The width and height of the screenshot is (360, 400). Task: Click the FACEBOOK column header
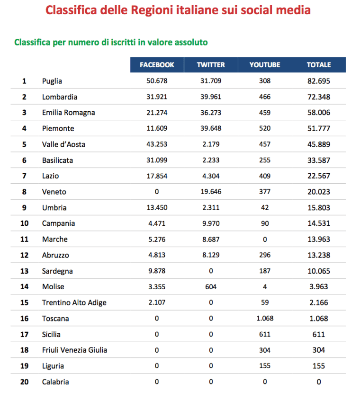157,65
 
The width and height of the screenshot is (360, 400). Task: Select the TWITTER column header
211,65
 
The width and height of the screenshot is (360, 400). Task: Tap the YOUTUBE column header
265,65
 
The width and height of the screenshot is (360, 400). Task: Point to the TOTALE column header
319,65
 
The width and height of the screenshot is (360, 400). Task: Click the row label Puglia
52,81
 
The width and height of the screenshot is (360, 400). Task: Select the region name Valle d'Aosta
63,144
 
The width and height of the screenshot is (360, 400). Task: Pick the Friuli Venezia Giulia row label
74,350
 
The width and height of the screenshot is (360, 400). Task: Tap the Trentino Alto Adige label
74,302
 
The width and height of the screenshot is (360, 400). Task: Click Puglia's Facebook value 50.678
157,81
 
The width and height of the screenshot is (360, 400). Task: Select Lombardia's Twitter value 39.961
211,97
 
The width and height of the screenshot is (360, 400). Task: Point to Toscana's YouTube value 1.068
265,319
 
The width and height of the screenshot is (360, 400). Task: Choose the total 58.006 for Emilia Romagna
319,113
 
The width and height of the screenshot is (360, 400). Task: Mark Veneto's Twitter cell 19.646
211,192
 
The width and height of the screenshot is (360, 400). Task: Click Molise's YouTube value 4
265,287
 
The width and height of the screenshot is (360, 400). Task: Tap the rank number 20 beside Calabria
24,382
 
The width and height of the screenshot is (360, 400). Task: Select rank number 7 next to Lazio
24,176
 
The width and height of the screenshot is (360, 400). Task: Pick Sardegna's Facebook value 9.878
157,271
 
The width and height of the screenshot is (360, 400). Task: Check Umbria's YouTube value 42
265,207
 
